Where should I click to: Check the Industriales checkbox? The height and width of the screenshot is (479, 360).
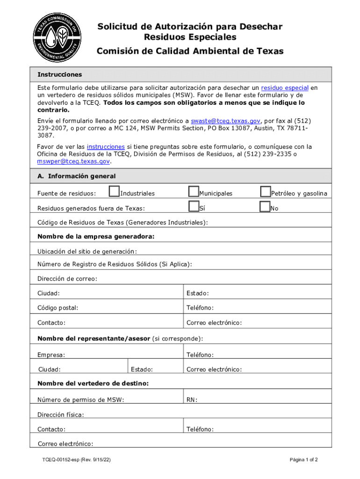[114, 192]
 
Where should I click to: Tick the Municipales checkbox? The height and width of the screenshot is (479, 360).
[193, 192]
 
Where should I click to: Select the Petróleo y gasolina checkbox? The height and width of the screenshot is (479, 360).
[265, 192]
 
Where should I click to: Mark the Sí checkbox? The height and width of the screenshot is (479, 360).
[193, 207]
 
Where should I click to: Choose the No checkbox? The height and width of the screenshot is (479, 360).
[265, 207]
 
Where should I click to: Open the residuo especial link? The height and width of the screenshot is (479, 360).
[284, 88]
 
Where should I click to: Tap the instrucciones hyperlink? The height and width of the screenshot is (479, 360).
[106, 146]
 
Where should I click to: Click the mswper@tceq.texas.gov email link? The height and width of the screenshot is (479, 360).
[73, 161]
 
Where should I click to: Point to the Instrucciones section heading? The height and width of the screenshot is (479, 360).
[59, 74]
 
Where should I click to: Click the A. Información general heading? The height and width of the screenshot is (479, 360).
[76, 176]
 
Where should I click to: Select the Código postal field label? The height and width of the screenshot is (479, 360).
[58, 308]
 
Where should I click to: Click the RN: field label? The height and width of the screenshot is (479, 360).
[192, 399]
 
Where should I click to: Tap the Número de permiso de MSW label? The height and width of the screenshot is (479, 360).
[80, 399]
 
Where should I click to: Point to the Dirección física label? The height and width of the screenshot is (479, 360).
[61, 414]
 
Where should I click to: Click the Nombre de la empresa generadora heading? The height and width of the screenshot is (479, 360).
[96, 237]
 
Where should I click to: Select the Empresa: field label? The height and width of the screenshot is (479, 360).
[51, 355]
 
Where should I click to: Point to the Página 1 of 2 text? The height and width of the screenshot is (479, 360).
[303, 460]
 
